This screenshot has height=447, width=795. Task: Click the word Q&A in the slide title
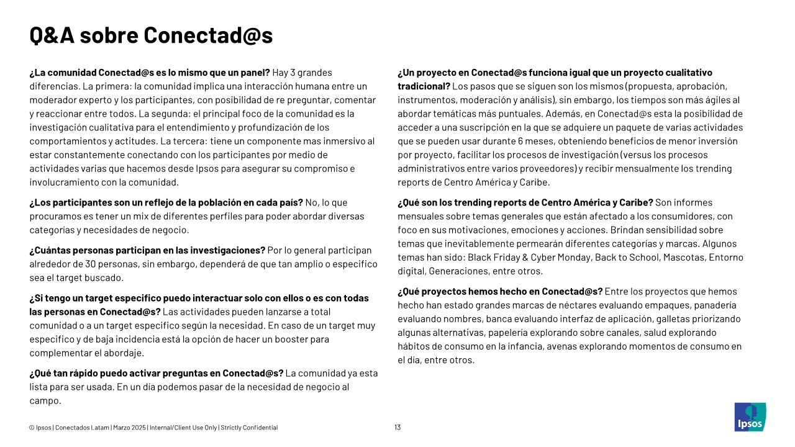[x=52, y=35]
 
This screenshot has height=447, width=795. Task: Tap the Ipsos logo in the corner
[x=750, y=417]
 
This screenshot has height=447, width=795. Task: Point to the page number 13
[x=397, y=427]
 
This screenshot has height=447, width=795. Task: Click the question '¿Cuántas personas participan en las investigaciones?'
[x=147, y=250]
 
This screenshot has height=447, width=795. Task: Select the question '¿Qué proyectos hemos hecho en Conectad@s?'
[x=500, y=291]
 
